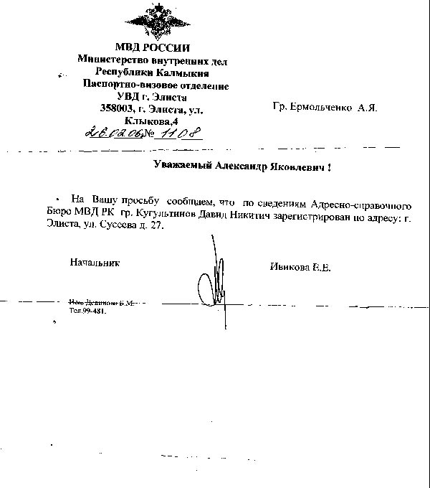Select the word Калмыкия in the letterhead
point(183,72)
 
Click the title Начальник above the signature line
point(95,263)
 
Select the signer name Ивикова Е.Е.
point(300,267)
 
